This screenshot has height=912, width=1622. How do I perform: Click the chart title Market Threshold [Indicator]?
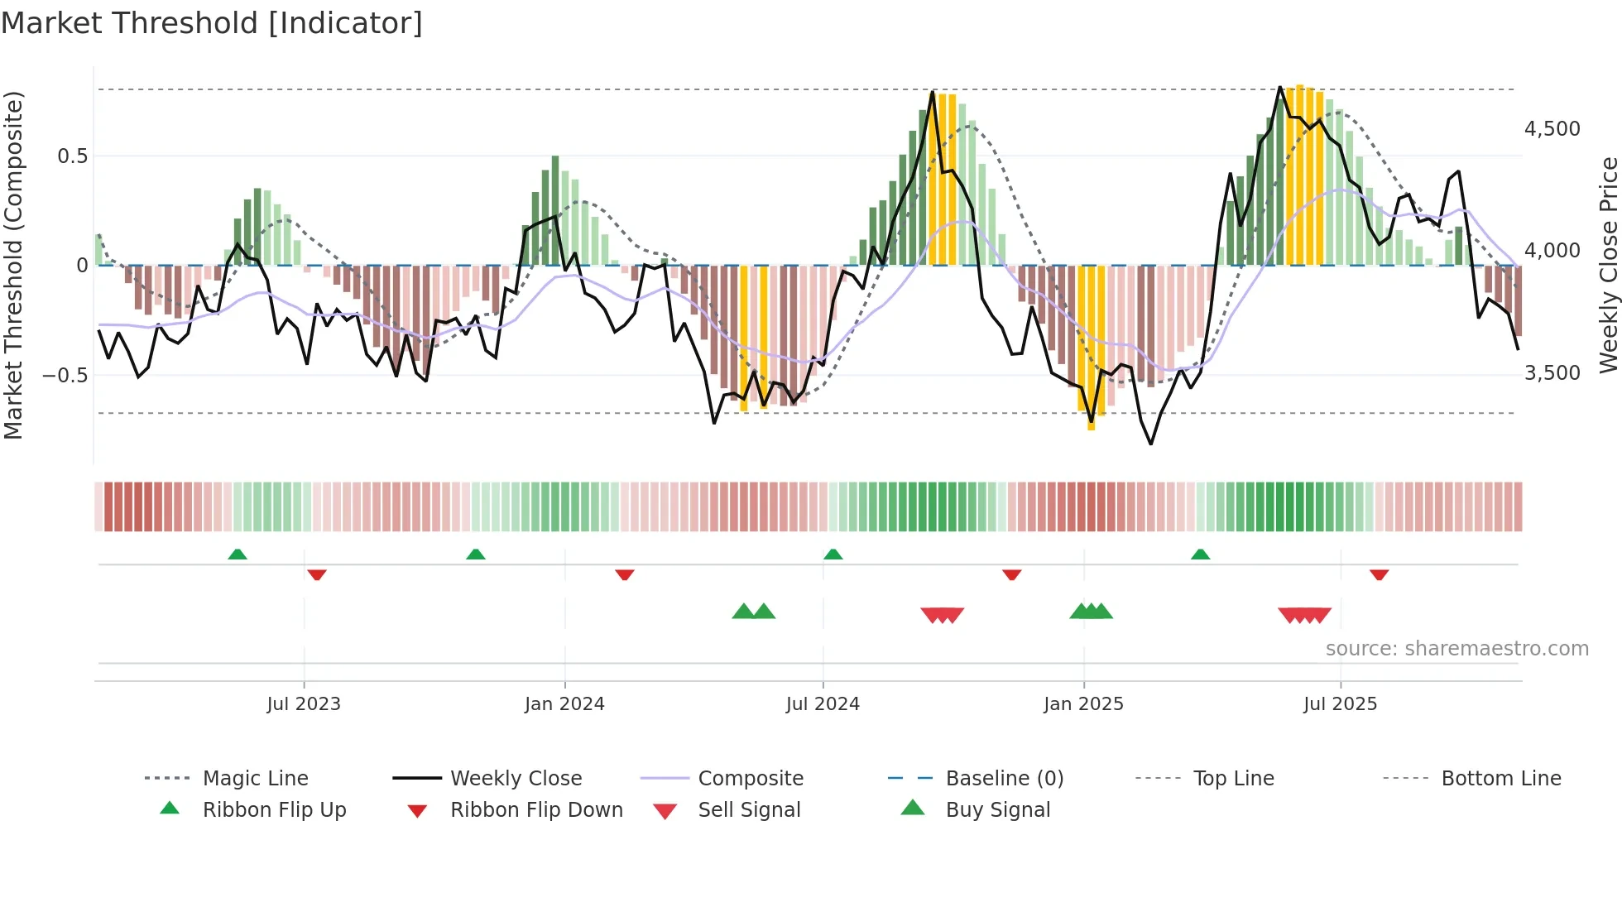point(212,23)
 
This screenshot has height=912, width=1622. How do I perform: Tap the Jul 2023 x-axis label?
point(304,704)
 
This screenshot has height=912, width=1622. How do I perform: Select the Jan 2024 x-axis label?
point(564,704)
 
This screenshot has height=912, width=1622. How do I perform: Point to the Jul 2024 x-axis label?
point(823,704)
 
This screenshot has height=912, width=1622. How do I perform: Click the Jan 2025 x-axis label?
point(1083,704)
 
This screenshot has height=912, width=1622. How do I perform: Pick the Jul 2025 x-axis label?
point(1340,704)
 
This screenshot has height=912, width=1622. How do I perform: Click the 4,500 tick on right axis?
point(1552,129)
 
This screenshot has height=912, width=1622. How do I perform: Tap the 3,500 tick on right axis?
point(1552,373)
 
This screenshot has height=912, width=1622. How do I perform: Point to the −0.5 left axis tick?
point(65,375)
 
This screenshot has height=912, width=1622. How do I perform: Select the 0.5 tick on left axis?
point(72,156)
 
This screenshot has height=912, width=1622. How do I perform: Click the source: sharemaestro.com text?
point(1456,649)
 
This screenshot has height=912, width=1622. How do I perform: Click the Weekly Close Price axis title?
point(1608,265)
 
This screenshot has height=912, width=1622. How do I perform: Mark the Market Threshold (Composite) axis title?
point(13,265)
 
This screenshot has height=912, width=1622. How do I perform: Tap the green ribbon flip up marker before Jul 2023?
point(238,554)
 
